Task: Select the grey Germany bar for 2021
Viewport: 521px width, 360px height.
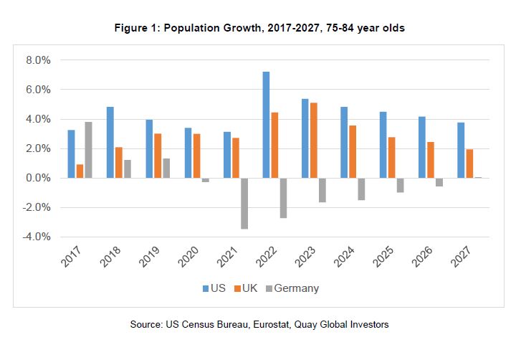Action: tap(244, 203)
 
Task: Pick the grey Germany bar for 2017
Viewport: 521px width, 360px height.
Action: tap(88, 150)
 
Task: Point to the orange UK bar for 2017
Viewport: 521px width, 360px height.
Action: tap(79, 171)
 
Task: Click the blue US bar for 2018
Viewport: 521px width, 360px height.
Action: tap(110, 143)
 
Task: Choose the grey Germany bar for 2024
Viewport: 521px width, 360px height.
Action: tap(362, 189)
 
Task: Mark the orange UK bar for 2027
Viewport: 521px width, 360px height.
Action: tap(469, 164)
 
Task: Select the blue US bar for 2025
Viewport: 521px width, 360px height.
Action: tap(383, 145)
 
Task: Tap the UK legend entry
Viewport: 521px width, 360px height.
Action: tap(247, 288)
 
